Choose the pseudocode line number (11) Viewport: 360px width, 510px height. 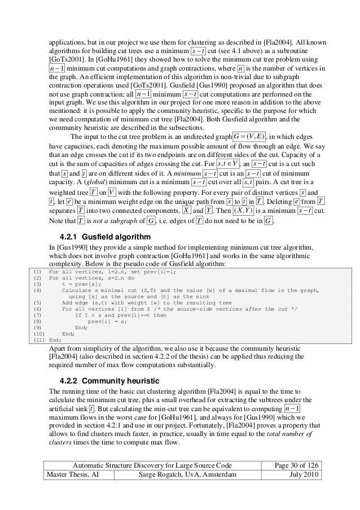(38, 341)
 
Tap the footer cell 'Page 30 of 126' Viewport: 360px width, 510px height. (294, 465)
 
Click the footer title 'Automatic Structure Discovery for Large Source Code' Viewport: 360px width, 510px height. (153, 465)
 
